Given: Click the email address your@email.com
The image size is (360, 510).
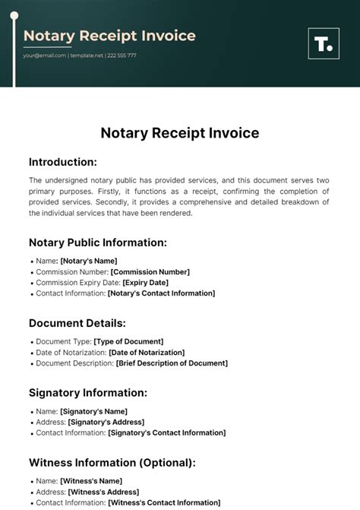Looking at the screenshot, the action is [x=44, y=55].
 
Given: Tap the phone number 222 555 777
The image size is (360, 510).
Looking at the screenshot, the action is [x=122, y=55].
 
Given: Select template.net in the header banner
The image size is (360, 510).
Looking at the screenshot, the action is [x=87, y=55].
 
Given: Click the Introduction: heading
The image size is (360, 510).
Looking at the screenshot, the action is [x=62, y=162].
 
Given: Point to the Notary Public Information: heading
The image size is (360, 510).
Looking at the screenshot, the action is [x=97, y=242].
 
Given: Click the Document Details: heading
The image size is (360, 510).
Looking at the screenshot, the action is [x=77, y=323].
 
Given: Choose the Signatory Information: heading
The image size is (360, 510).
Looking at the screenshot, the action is [x=88, y=393].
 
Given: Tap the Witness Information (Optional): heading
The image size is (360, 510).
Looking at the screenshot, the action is [x=112, y=462].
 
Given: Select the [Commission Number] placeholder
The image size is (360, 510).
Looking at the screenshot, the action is [x=150, y=271].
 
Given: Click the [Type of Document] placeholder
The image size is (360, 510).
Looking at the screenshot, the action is [x=128, y=341].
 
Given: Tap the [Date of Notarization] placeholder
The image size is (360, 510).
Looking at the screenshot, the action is [x=147, y=352].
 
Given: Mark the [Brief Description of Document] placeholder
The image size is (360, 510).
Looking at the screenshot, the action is [x=172, y=363].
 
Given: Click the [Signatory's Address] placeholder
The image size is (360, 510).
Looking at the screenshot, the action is [x=106, y=422].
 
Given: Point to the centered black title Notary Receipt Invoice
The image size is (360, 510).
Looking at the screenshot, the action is [x=180, y=133].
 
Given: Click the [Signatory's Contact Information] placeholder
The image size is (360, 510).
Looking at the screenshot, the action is [x=166, y=432].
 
